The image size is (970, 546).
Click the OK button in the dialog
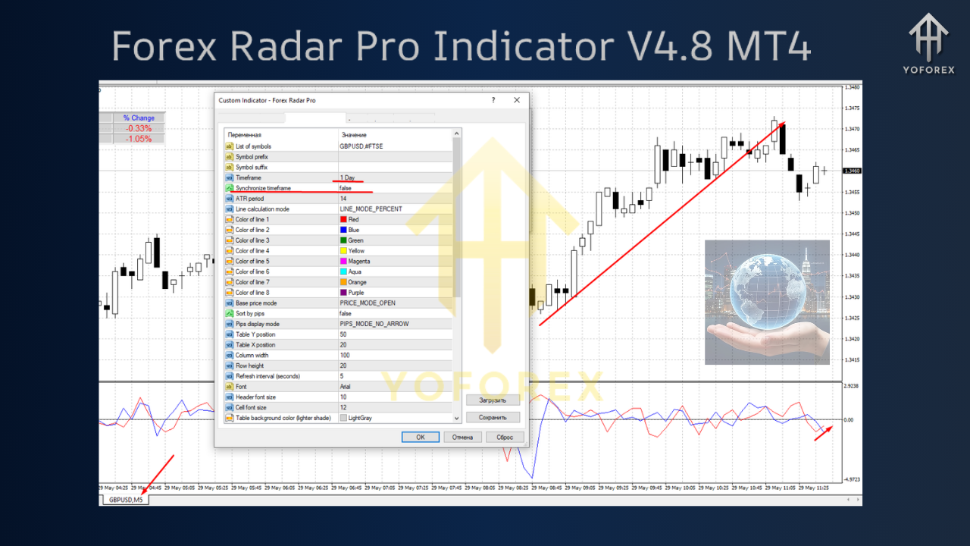[x=421, y=437]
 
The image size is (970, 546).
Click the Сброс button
[x=505, y=437]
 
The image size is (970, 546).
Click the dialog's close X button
[x=517, y=100]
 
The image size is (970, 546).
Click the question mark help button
[x=493, y=100]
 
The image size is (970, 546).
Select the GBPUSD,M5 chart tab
[x=126, y=500]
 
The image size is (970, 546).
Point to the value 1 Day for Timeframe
[x=348, y=177]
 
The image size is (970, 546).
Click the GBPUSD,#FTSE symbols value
[x=361, y=146]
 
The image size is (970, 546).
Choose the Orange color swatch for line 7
[x=344, y=282]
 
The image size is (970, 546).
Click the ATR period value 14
[x=343, y=199]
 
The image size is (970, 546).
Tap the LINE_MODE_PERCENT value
[x=371, y=209]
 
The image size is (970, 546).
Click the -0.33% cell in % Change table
[x=138, y=128]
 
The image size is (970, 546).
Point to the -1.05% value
[x=138, y=139]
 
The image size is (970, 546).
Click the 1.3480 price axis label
[x=852, y=87]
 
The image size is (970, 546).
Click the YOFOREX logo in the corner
[x=928, y=42]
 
